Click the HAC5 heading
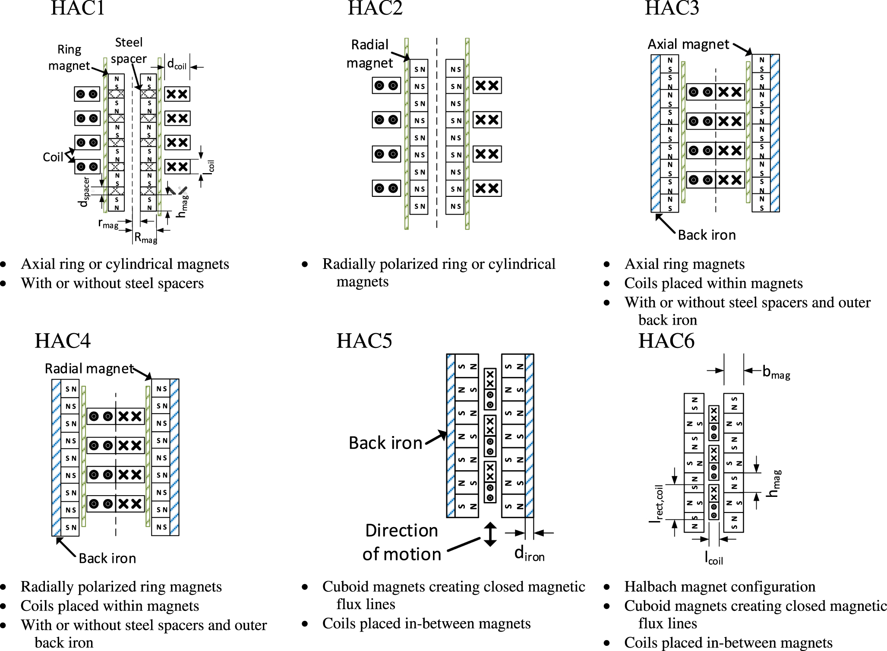coord(364,341)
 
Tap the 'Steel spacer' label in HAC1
coord(129,51)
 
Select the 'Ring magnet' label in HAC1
coord(69,57)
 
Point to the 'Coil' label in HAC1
coord(53,157)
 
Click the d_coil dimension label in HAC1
coord(177,64)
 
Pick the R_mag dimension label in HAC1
coord(145,238)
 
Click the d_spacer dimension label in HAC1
coord(85,192)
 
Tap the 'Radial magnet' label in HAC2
coord(370,54)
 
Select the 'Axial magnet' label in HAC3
coord(688,44)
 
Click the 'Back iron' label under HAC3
coord(707,235)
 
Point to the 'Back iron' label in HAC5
coord(385,443)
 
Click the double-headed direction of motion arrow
coord(490,534)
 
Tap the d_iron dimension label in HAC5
coord(529,554)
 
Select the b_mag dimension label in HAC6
coord(776,372)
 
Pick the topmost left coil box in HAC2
coord(386,85)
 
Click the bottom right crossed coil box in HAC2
coord(487,188)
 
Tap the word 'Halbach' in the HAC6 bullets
coord(651,587)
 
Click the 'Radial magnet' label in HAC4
coord(89,369)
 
